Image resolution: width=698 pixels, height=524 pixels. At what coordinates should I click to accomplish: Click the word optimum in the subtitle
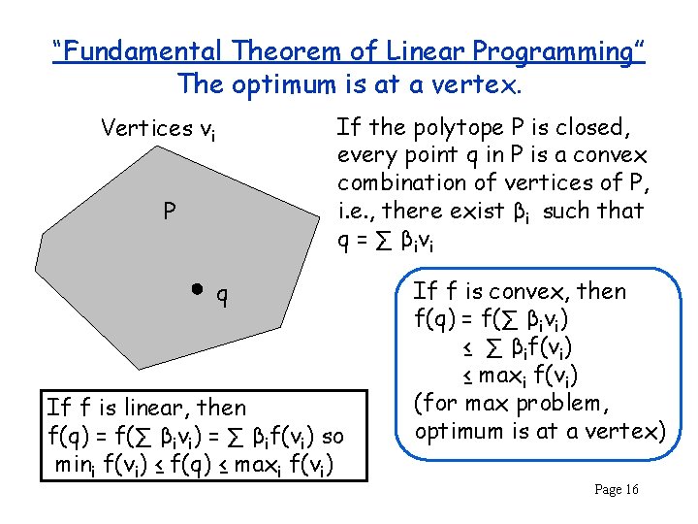[x=282, y=83]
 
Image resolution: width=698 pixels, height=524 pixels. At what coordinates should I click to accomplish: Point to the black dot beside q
[x=197, y=289]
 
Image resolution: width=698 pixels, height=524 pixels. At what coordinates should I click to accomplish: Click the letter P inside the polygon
[x=169, y=211]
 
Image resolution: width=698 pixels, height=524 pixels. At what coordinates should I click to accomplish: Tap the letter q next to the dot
[x=222, y=293]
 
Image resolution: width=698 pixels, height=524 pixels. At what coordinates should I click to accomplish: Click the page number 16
[x=629, y=489]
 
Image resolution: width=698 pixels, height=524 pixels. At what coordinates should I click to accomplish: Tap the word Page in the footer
[x=608, y=489]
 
